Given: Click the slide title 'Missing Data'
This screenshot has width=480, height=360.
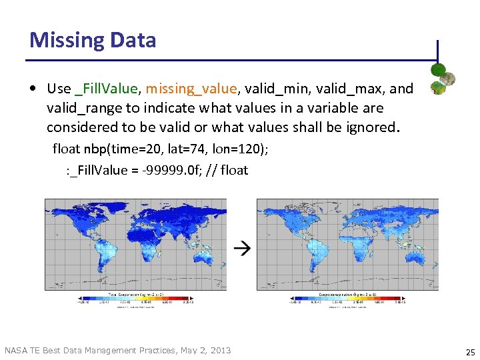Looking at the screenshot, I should (x=93, y=40).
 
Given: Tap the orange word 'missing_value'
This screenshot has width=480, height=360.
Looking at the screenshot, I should (x=191, y=89).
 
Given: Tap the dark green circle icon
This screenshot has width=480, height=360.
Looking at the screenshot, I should (x=438, y=69).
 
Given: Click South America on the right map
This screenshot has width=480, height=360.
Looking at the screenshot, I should (x=313, y=257).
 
